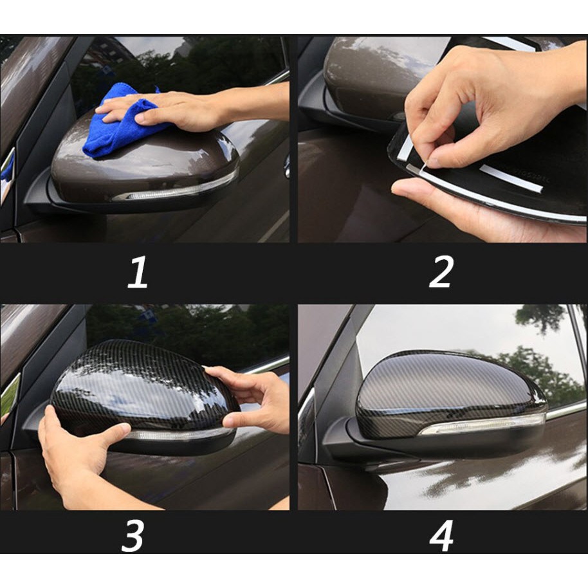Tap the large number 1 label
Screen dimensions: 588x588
click(137, 273)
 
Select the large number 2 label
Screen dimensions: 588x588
click(441, 272)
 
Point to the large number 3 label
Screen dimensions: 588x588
click(133, 536)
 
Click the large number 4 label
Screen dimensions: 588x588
click(441, 536)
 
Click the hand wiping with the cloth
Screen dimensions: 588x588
click(195, 109)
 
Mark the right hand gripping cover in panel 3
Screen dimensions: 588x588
click(252, 398)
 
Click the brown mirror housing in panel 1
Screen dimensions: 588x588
click(143, 161)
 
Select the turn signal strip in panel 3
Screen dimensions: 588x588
click(176, 435)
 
